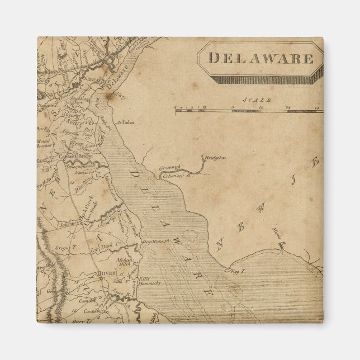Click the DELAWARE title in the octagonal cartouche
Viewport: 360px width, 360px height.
point(260,57)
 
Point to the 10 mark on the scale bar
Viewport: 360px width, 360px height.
point(262,106)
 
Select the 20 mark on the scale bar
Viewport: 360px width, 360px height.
point(316,106)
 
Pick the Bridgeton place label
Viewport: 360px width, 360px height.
point(215,158)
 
